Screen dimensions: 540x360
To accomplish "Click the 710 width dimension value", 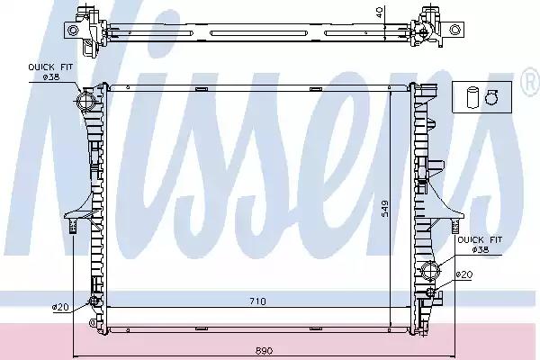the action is (257, 301).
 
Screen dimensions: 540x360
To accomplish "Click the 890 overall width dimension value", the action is (265, 351).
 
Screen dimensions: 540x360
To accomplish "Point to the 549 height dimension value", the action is (384, 209).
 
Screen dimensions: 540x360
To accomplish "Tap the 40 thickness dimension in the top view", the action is (379, 13).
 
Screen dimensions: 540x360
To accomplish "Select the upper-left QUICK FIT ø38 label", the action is (50, 72).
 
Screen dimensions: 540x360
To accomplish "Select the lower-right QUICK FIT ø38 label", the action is (480, 244).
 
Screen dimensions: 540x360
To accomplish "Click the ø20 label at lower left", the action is (60, 307).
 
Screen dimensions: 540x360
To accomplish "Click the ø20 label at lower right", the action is (463, 274).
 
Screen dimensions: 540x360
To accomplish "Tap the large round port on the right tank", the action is (429, 270).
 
